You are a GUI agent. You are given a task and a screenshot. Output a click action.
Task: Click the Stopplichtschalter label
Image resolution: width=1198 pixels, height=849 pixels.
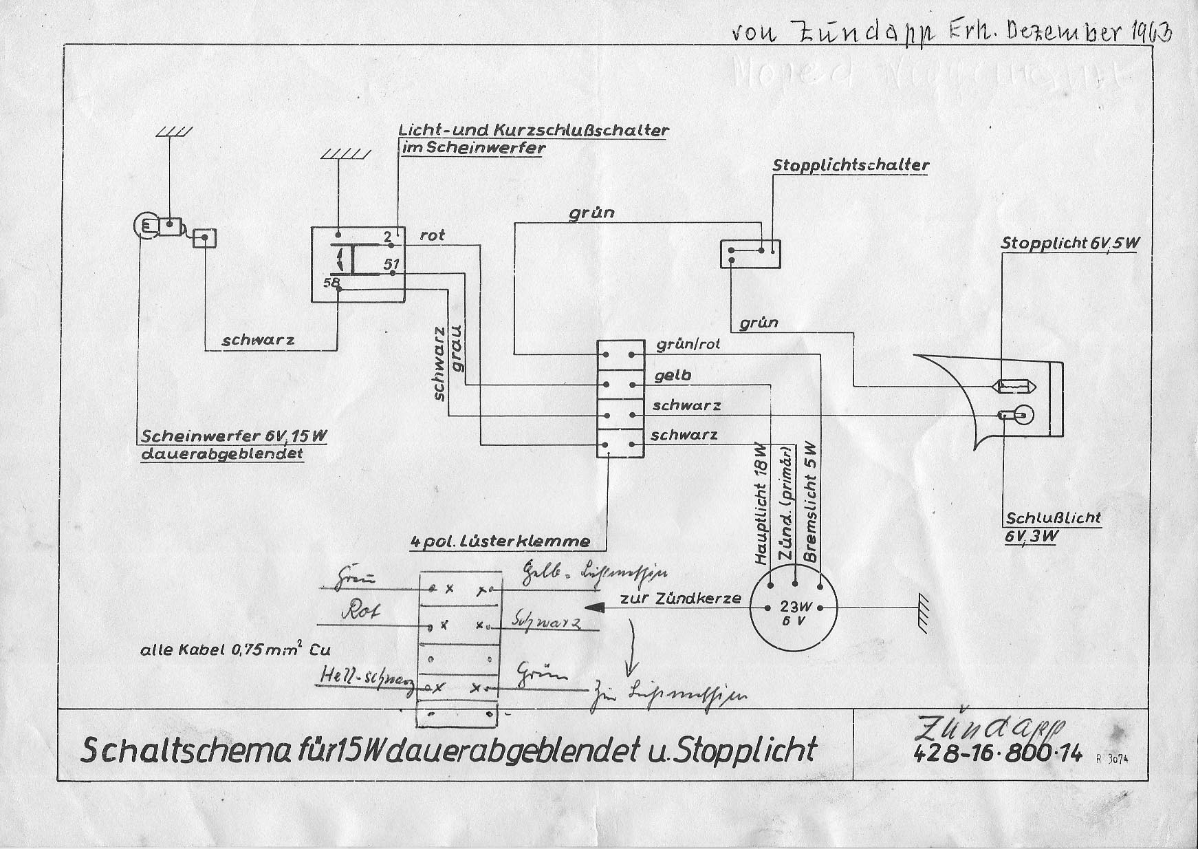coord(851,166)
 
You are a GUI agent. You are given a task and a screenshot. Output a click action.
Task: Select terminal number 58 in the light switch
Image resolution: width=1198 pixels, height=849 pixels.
coord(331,283)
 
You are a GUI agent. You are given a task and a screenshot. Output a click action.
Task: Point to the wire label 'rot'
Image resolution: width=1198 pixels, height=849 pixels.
coord(433,235)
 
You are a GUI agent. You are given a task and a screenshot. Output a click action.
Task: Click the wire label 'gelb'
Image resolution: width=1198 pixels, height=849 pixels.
coord(673,376)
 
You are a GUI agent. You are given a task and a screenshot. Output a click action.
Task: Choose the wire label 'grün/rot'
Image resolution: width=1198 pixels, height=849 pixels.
coord(688,344)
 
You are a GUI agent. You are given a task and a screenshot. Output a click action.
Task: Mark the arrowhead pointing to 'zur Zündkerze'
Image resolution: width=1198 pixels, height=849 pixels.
coord(595,607)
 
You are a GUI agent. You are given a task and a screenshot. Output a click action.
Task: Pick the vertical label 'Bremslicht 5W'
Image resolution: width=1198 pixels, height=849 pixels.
coord(811,502)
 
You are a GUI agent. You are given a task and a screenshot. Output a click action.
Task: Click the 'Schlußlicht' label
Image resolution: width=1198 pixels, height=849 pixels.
coord(1053,517)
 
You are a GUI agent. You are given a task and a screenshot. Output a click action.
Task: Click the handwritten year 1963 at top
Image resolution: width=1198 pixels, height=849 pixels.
coord(1148,32)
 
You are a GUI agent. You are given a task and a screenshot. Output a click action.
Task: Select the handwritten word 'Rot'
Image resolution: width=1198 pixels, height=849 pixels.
coord(359,611)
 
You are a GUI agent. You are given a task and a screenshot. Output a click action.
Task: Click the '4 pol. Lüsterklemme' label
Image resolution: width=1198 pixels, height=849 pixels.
coord(499,541)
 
